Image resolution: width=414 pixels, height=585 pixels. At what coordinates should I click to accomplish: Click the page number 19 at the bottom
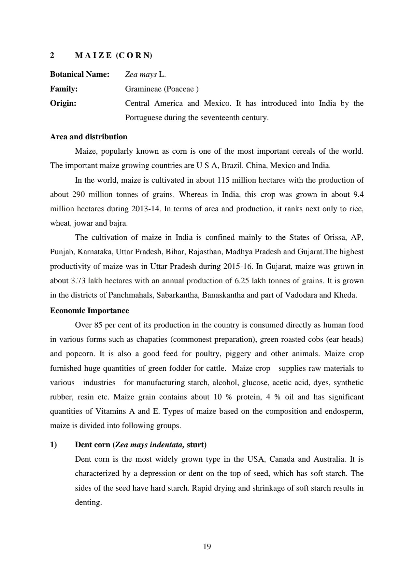point(207,547)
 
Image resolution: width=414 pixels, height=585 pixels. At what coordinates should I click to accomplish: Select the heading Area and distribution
point(89,137)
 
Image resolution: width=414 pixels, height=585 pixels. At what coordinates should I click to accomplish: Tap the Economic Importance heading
point(89,311)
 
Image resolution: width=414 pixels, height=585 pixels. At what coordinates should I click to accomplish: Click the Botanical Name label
point(79,75)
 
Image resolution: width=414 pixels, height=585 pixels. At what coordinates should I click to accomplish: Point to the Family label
point(64,89)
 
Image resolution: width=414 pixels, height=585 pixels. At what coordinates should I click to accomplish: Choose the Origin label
point(63,104)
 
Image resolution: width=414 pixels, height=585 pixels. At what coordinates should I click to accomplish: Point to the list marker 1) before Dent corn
point(53,445)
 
